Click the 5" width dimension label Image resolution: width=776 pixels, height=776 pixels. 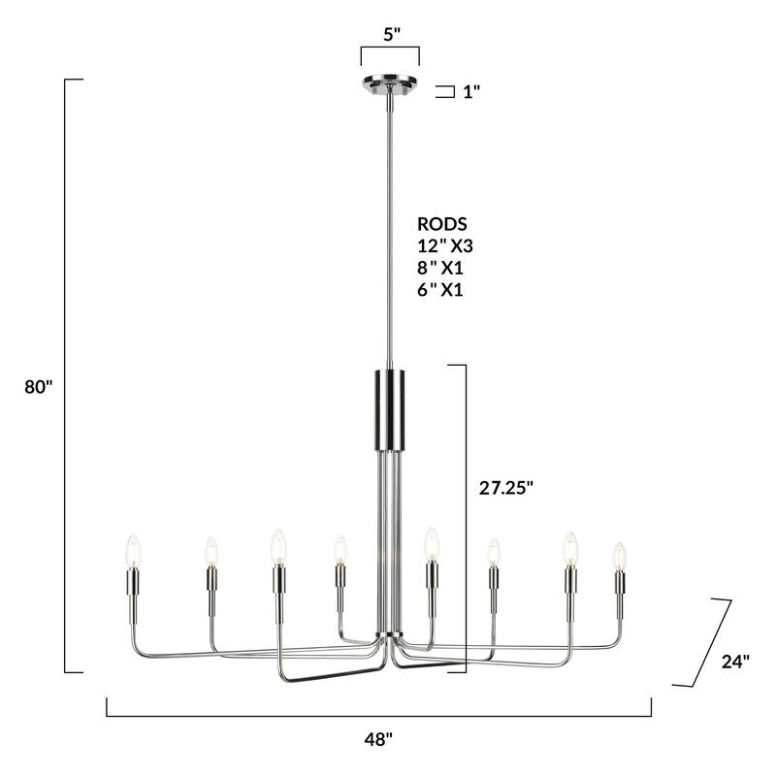click(x=391, y=34)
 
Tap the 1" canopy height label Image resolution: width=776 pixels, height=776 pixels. click(x=471, y=92)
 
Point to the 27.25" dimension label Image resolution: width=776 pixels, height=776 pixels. click(x=506, y=489)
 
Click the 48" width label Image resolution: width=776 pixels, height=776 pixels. click(x=378, y=739)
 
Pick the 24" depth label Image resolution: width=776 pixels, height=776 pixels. click(x=735, y=662)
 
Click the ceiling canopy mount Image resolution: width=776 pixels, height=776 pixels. click(x=390, y=82)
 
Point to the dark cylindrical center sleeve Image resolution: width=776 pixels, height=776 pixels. click(x=390, y=407)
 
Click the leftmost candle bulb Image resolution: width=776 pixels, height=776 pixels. click(x=133, y=551)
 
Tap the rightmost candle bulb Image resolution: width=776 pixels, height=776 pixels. click(x=619, y=557)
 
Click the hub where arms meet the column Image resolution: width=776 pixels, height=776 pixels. click(x=390, y=638)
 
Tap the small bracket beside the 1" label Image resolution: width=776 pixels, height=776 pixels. click(x=446, y=92)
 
